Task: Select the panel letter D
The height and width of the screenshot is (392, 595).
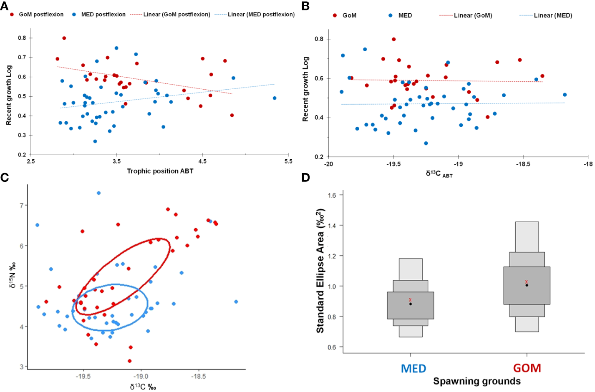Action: [x=306, y=178]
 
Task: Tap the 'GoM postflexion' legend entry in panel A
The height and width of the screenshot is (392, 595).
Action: [x=41, y=15]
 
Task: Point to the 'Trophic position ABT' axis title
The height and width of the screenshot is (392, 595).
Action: [x=160, y=171]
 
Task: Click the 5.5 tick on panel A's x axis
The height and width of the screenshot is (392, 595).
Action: [x=288, y=161]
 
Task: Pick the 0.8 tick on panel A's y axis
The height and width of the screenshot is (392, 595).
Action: [x=22, y=38]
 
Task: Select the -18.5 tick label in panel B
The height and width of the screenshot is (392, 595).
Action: [x=523, y=164]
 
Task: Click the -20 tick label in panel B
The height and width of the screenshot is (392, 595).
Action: [x=329, y=164]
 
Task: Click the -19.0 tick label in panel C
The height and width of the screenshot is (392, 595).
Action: [x=141, y=377]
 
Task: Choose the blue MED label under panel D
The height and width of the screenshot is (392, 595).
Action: [x=413, y=369]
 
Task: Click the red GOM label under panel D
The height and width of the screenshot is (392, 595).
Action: [x=527, y=368]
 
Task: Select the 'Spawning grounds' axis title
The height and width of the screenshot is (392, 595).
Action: [x=477, y=381]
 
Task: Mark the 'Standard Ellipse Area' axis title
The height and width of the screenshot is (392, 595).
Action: [x=320, y=271]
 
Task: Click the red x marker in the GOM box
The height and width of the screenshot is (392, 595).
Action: [x=527, y=282]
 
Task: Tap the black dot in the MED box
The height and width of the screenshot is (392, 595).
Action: [x=411, y=304]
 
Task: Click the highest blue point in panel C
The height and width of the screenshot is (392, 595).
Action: [x=98, y=193]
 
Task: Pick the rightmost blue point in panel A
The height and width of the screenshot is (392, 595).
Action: [x=275, y=98]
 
